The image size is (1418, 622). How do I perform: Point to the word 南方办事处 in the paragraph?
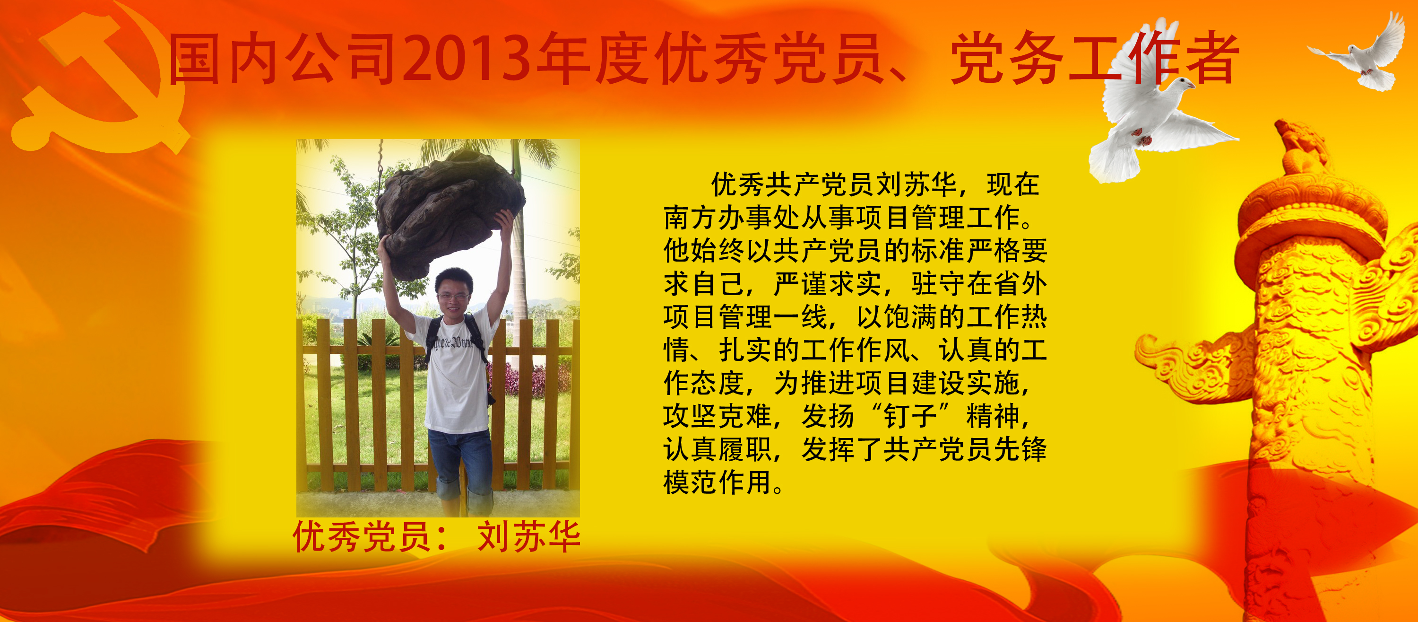coord(732,217)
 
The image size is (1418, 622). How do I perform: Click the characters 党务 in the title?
coord(1007,58)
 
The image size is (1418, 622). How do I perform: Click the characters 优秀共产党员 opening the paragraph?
coord(792,184)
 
